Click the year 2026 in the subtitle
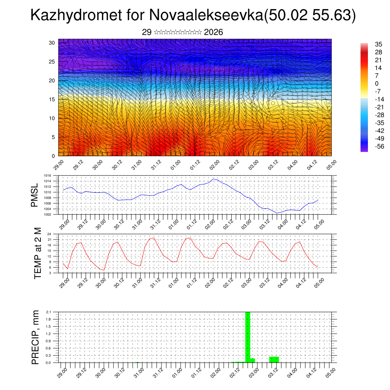(213, 32)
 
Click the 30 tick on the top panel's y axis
(52, 43)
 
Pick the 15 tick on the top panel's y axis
(52, 99)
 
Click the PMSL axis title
(35, 195)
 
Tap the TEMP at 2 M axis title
(38, 253)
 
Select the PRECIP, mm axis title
(35, 337)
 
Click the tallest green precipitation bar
(248, 337)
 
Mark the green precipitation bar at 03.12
(274, 360)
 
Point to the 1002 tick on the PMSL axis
(48, 214)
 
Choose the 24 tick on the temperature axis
(50, 234)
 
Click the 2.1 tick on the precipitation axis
(48, 312)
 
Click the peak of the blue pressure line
(214, 179)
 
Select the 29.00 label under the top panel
(58, 164)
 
